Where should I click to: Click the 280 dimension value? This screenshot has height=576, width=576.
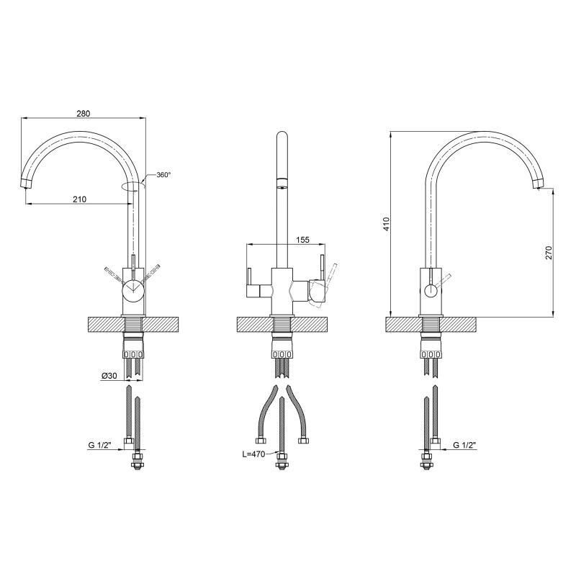(x=83, y=114)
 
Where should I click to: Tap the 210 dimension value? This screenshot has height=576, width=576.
(x=79, y=199)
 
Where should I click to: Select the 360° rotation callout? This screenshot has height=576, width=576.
(x=163, y=175)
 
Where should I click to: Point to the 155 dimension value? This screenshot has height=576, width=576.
(x=302, y=240)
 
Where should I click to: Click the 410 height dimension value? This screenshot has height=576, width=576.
(x=386, y=224)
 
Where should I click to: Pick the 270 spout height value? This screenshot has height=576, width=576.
(x=549, y=253)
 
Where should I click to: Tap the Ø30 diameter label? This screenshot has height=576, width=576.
(x=109, y=376)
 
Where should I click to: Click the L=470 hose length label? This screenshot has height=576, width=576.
(x=253, y=454)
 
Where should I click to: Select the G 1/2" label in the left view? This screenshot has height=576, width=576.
(x=99, y=445)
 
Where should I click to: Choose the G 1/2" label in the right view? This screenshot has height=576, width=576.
(x=464, y=445)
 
